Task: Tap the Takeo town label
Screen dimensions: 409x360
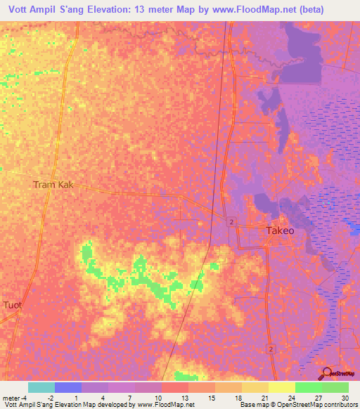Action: point(280,231)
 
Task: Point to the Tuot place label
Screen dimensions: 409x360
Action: point(13,305)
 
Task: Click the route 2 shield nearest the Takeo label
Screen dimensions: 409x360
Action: point(231,222)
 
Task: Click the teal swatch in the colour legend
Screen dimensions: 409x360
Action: point(41,387)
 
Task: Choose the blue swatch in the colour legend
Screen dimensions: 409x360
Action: point(68,387)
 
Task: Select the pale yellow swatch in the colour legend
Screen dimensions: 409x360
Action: point(282,387)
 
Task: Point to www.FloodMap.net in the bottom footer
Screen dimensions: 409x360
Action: point(165,405)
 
